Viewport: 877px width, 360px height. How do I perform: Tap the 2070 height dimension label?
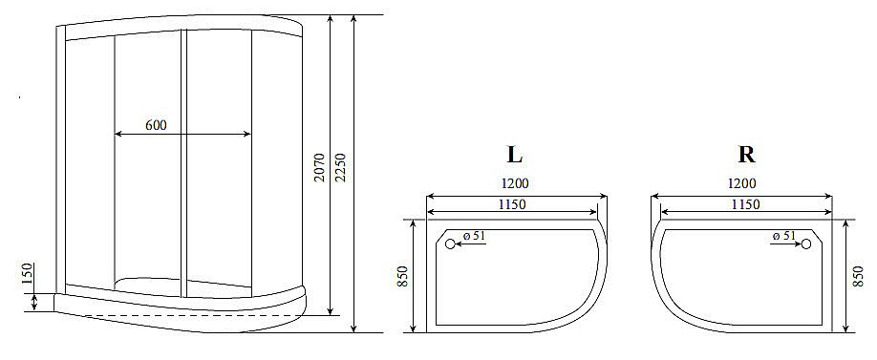(319, 167)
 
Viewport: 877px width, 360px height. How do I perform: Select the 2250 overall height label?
(341, 167)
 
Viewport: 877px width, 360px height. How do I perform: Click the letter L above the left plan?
(514, 155)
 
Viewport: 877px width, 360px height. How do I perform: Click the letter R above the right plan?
(746, 155)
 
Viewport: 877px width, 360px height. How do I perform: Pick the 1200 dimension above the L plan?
(514, 184)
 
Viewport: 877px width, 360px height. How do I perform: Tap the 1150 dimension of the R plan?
(745, 204)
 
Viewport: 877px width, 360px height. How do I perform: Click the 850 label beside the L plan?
(404, 277)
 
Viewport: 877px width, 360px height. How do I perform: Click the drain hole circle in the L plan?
(450, 244)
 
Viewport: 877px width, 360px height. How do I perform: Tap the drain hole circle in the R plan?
(805, 244)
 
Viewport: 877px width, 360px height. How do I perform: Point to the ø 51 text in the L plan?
(475, 236)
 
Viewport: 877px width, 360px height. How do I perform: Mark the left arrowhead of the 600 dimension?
(118, 135)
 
